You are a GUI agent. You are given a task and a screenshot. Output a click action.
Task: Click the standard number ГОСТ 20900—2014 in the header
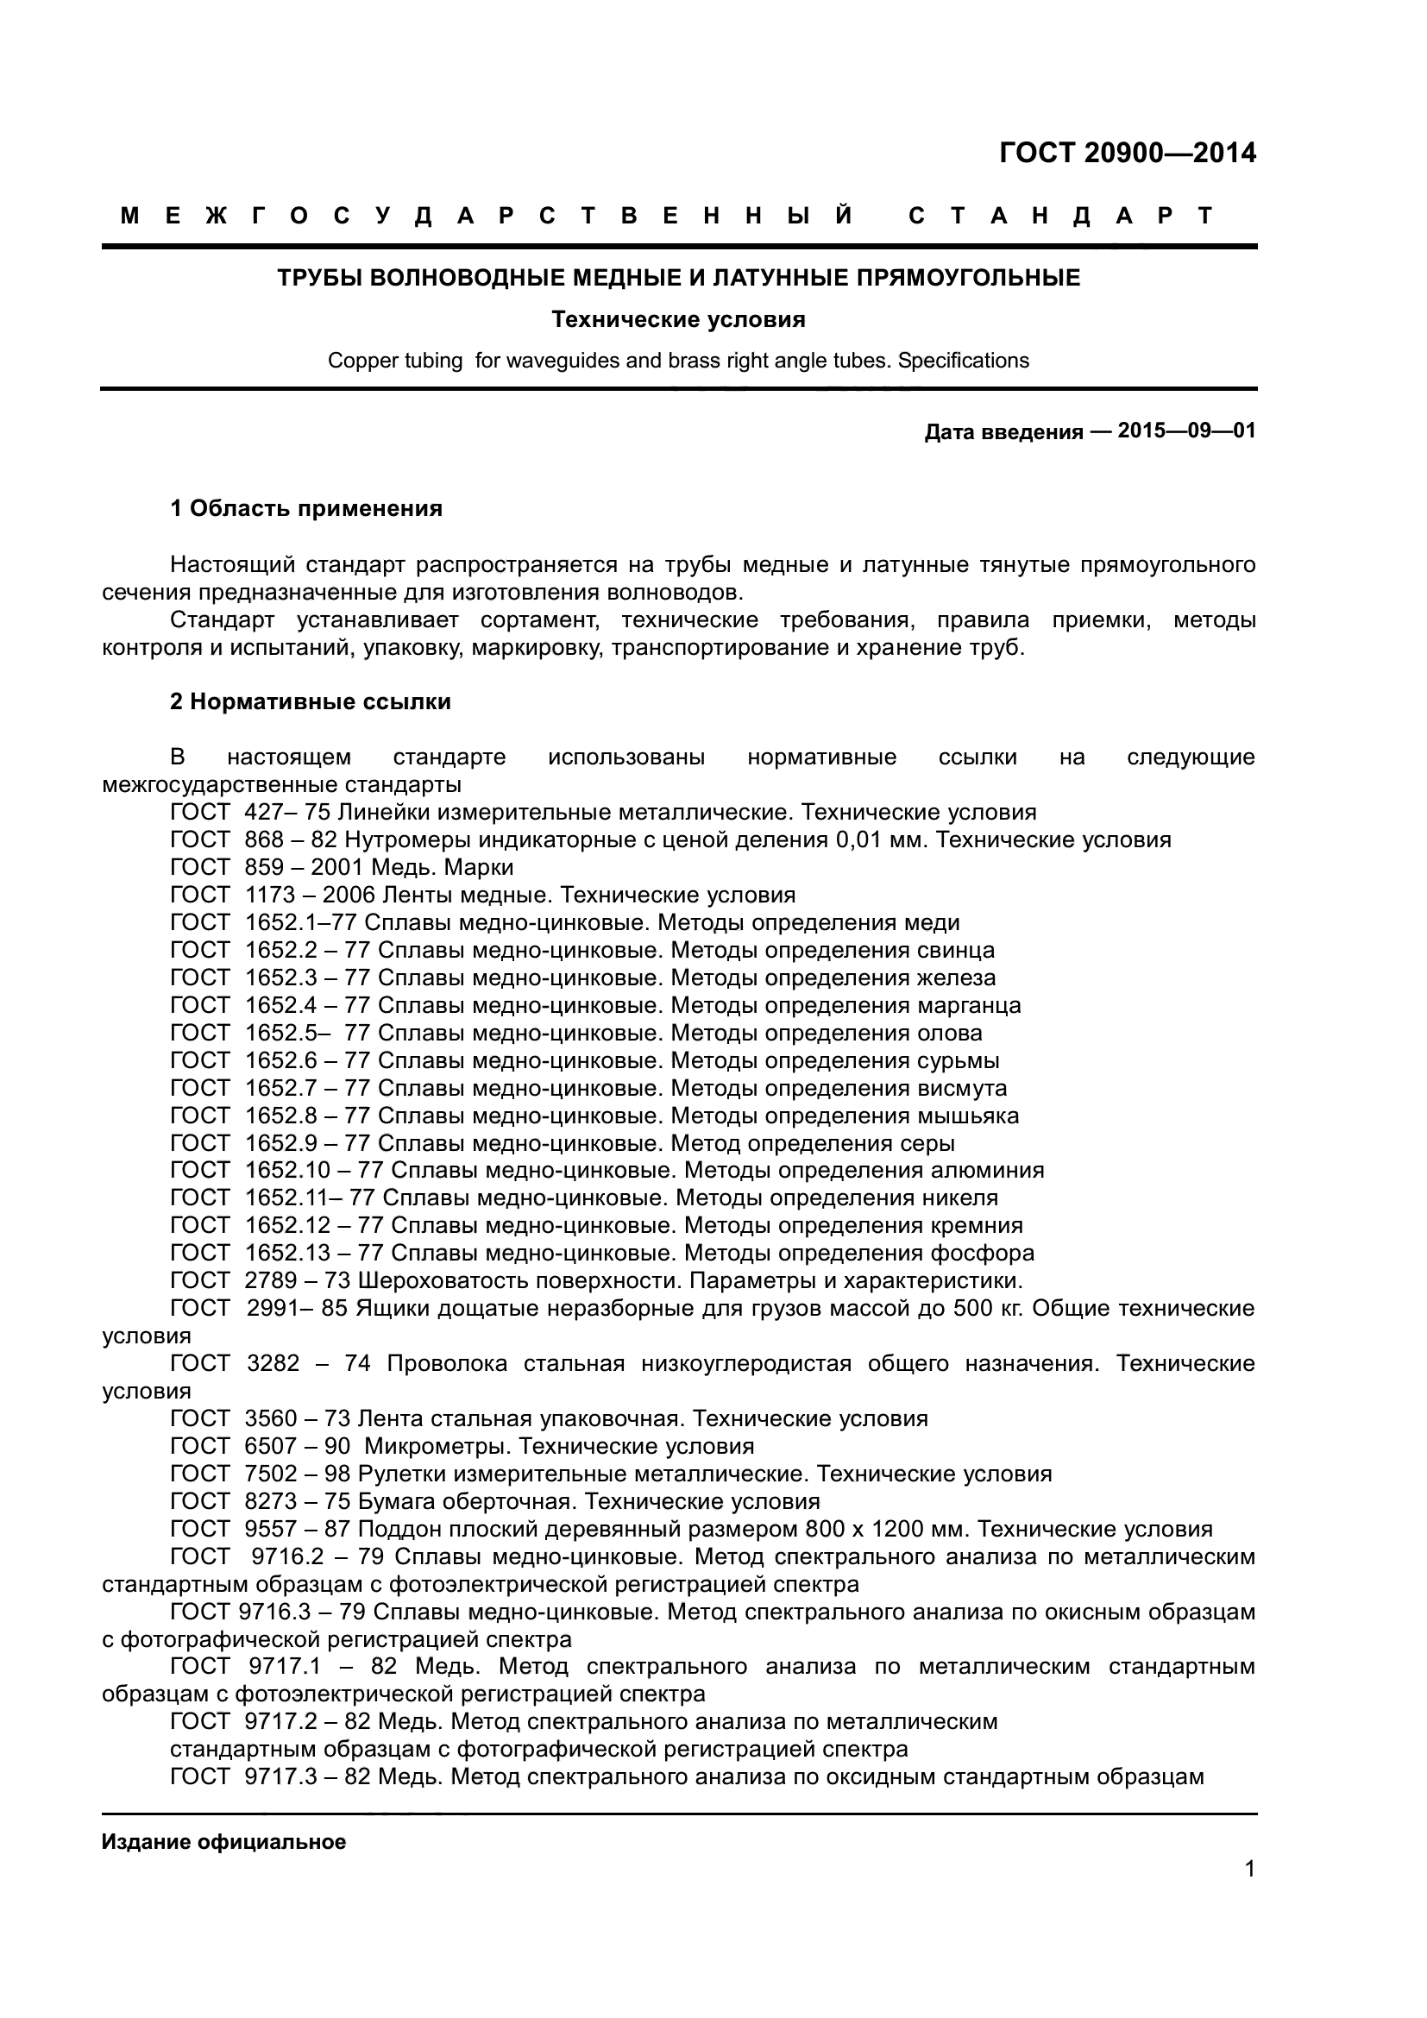pyautogui.click(x=1128, y=153)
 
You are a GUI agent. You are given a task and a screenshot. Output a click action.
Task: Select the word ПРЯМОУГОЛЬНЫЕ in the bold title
pyautogui.click(x=968, y=279)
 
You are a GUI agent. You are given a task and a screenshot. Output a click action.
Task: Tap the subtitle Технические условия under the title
pyautogui.click(x=678, y=320)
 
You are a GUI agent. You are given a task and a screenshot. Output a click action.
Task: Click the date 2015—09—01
pyautogui.click(x=1186, y=431)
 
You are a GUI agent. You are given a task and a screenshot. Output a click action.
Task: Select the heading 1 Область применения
pyautogui.click(x=305, y=508)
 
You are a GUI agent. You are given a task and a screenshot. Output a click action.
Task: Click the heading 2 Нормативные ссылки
pyautogui.click(x=311, y=701)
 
